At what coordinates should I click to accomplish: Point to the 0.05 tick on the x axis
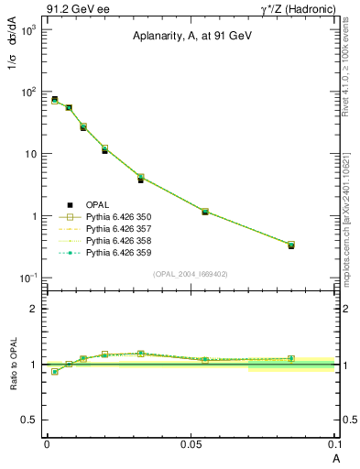tap(191, 443)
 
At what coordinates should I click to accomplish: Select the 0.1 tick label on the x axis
tap(333, 443)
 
